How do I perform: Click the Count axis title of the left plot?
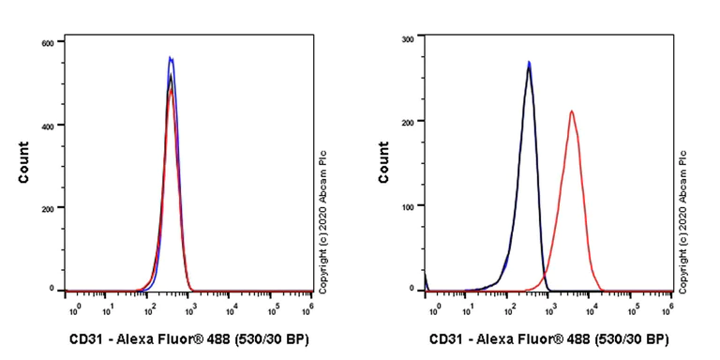coord(23,162)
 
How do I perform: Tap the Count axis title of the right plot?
coord(383,162)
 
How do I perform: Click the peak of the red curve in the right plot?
coord(571,112)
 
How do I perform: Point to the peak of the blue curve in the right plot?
coord(529,63)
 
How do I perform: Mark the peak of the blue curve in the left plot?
coord(171,58)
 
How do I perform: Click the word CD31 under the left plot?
coord(89,339)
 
